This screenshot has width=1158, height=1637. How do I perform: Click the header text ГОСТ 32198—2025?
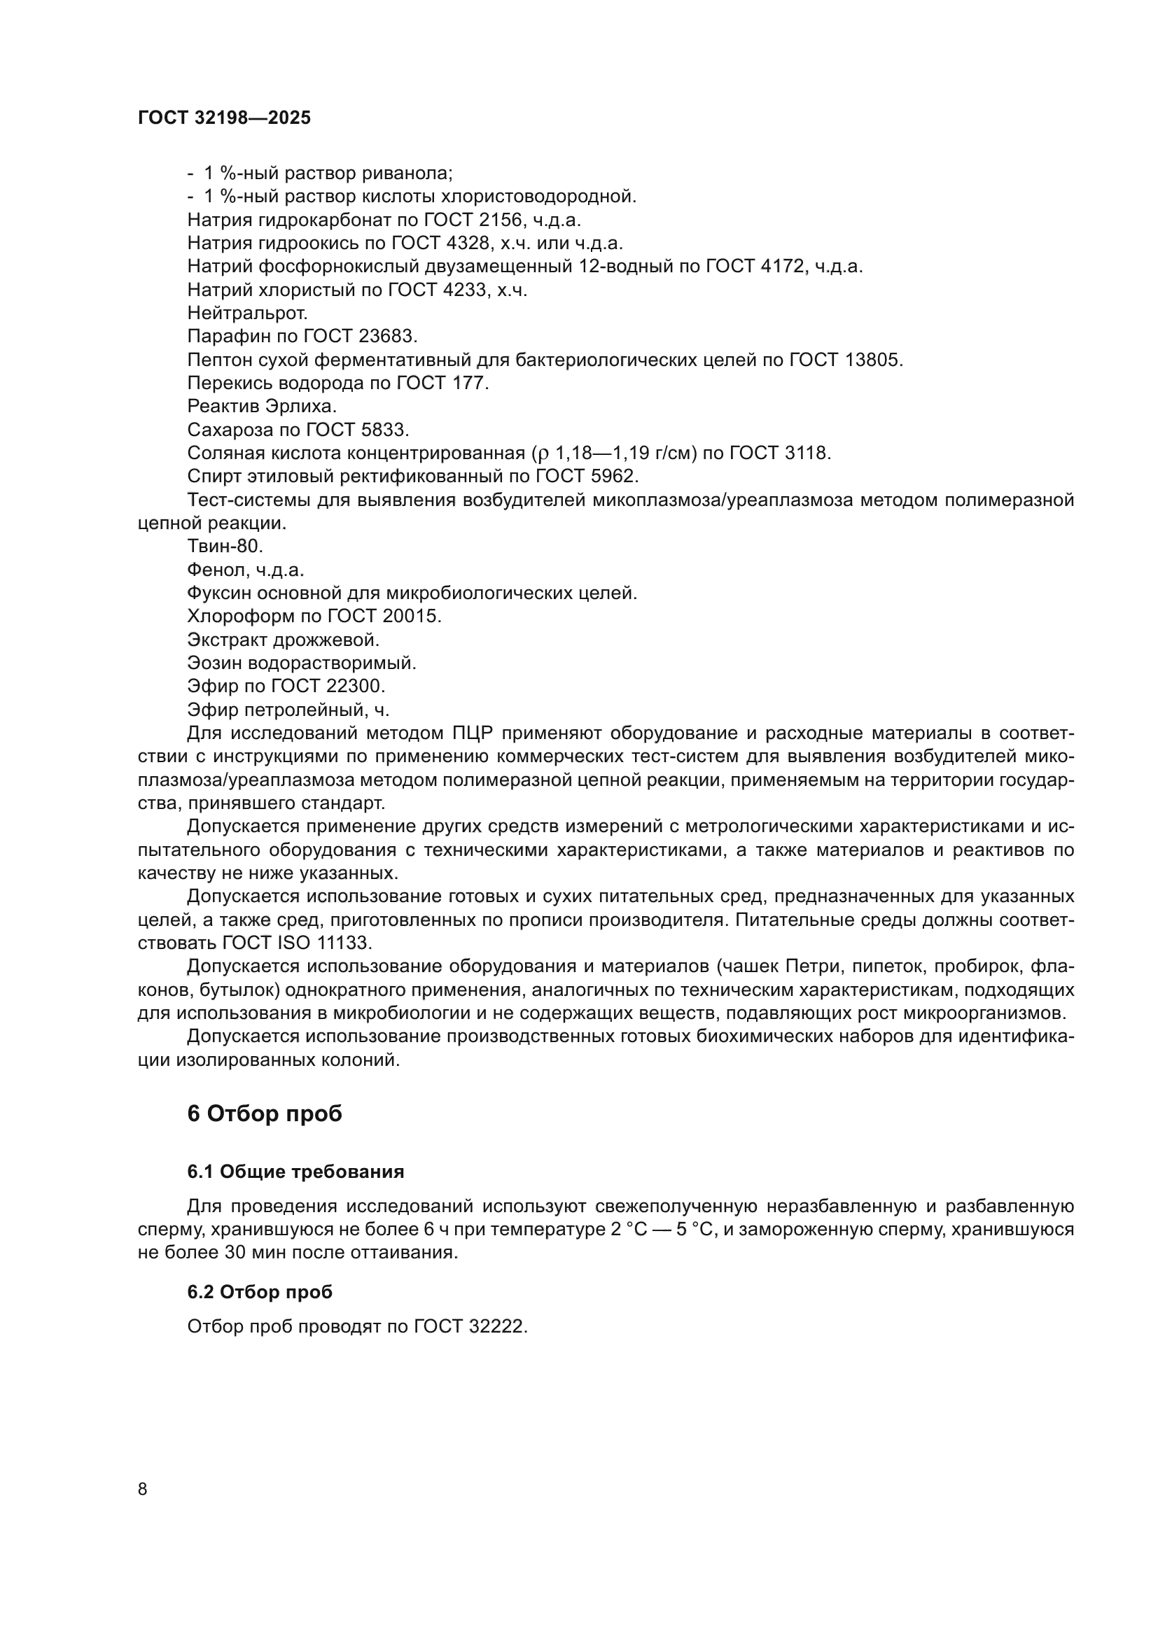tap(224, 118)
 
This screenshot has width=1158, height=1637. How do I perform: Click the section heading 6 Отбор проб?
tap(265, 1113)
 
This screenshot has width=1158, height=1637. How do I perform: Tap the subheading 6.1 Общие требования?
tap(295, 1172)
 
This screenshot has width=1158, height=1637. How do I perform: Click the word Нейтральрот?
tap(247, 313)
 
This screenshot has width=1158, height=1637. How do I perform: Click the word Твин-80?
tap(225, 546)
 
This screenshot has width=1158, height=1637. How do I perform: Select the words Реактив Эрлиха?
tap(261, 407)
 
